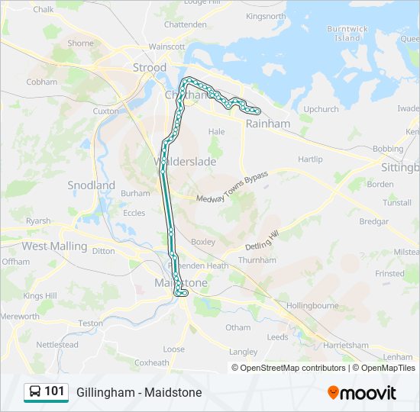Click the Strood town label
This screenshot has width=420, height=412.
tap(150, 68)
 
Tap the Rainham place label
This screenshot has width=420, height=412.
tap(268, 124)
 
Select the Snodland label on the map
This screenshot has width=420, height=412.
tap(91, 185)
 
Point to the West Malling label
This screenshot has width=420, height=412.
tap(54, 246)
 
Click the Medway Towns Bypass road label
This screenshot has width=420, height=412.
tap(232, 188)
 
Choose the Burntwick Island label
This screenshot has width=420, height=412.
tap(347, 34)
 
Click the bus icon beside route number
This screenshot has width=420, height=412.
tap(35, 392)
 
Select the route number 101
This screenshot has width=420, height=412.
tap(55, 391)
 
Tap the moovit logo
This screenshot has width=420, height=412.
tap(362, 393)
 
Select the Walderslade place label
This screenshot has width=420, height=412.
tap(185, 162)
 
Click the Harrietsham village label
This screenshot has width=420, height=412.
tap(346, 345)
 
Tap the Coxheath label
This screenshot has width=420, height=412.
tap(151, 363)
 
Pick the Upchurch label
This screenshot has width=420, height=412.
tap(321, 109)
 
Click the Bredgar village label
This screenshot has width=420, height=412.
tap(373, 221)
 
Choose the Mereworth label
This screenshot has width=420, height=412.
tap(20, 316)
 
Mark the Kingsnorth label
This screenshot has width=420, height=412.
tap(266, 15)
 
